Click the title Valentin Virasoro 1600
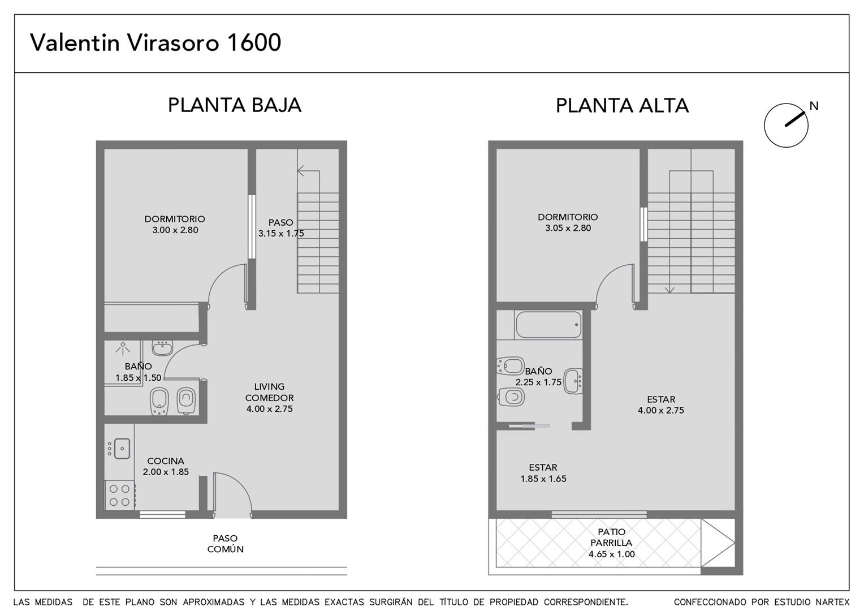pyautogui.click(x=155, y=42)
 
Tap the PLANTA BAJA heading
pyautogui.click(x=235, y=105)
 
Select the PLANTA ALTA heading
pyautogui.click(x=622, y=105)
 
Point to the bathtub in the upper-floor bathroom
pyautogui.click(x=548, y=325)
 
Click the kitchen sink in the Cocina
pyautogui.click(x=122, y=449)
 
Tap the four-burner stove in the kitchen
pyautogui.click(x=119, y=496)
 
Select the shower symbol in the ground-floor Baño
pyautogui.click(x=123, y=348)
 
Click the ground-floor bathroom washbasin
pyautogui.click(x=162, y=347)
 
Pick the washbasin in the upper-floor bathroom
pyautogui.click(x=573, y=381)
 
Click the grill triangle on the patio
pyautogui.click(x=718, y=543)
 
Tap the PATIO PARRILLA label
pyautogui.click(x=611, y=537)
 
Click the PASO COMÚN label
pyautogui.click(x=225, y=544)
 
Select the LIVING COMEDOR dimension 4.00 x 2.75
pyautogui.click(x=270, y=409)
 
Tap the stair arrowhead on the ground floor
pyautogui.click(x=301, y=171)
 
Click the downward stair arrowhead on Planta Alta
pyautogui.click(x=669, y=290)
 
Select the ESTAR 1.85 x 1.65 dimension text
pyautogui.click(x=543, y=479)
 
